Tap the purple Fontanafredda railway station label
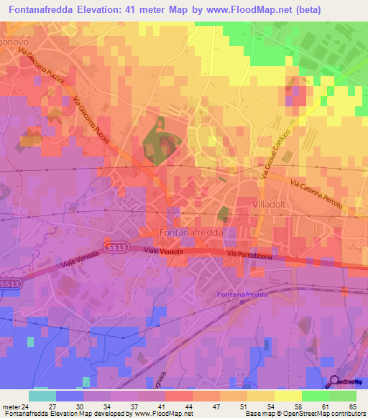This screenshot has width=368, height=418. [240, 295]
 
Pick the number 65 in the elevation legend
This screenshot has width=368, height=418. [351, 406]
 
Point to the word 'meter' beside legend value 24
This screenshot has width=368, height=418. [12, 406]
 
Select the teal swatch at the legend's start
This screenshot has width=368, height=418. [42, 396]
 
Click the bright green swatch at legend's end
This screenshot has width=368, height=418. [343, 396]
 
